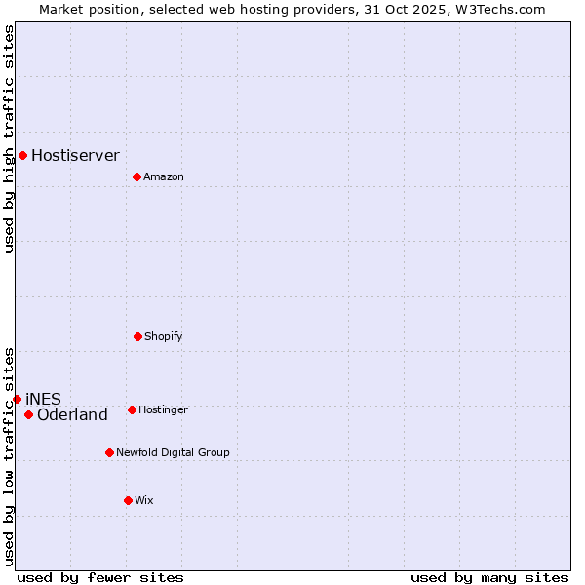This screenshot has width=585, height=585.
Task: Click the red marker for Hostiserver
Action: pyautogui.click(x=22, y=155)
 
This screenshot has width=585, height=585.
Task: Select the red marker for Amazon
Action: pyautogui.click(x=136, y=176)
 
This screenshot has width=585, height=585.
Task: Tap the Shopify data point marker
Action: pyautogui.click(x=137, y=336)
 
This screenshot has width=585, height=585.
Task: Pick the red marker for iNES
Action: pyautogui.click(x=17, y=399)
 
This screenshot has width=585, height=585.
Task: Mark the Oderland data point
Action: pyautogui.click(x=28, y=415)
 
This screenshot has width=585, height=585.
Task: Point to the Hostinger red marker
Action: pyautogui.click(x=132, y=409)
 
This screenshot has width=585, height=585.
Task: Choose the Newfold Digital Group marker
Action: pyautogui.click(x=109, y=452)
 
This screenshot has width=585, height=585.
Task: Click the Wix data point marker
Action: pyautogui.click(x=128, y=500)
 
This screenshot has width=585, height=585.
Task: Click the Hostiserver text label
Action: pyautogui.click(x=75, y=155)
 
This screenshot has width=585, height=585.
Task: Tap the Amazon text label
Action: pyautogui.click(x=164, y=176)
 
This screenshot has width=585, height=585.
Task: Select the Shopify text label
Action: pyautogui.click(x=164, y=336)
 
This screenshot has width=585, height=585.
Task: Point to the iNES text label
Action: pyautogui.click(x=43, y=399)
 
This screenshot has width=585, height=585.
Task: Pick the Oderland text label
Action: pyautogui.click(x=72, y=415)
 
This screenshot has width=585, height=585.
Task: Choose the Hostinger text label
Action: pyautogui.click(x=163, y=409)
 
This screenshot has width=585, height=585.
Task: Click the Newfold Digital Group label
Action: pyautogui.click(x=173, y=452)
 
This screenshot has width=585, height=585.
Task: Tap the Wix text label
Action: pyautogui.click(x=144, y=500)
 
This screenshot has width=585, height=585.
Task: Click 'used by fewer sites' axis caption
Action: pyautogui.click(x=100, y=577)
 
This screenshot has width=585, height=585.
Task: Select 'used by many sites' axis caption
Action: pyautogui.click(x=489, y=577)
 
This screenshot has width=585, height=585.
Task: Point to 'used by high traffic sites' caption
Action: pyautogui.click(x=9, y=138)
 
